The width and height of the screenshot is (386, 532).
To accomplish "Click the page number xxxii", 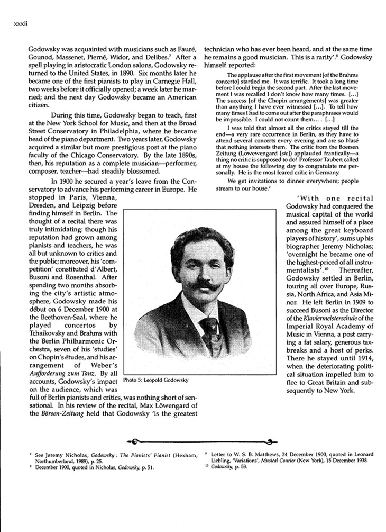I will coord(13,24).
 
